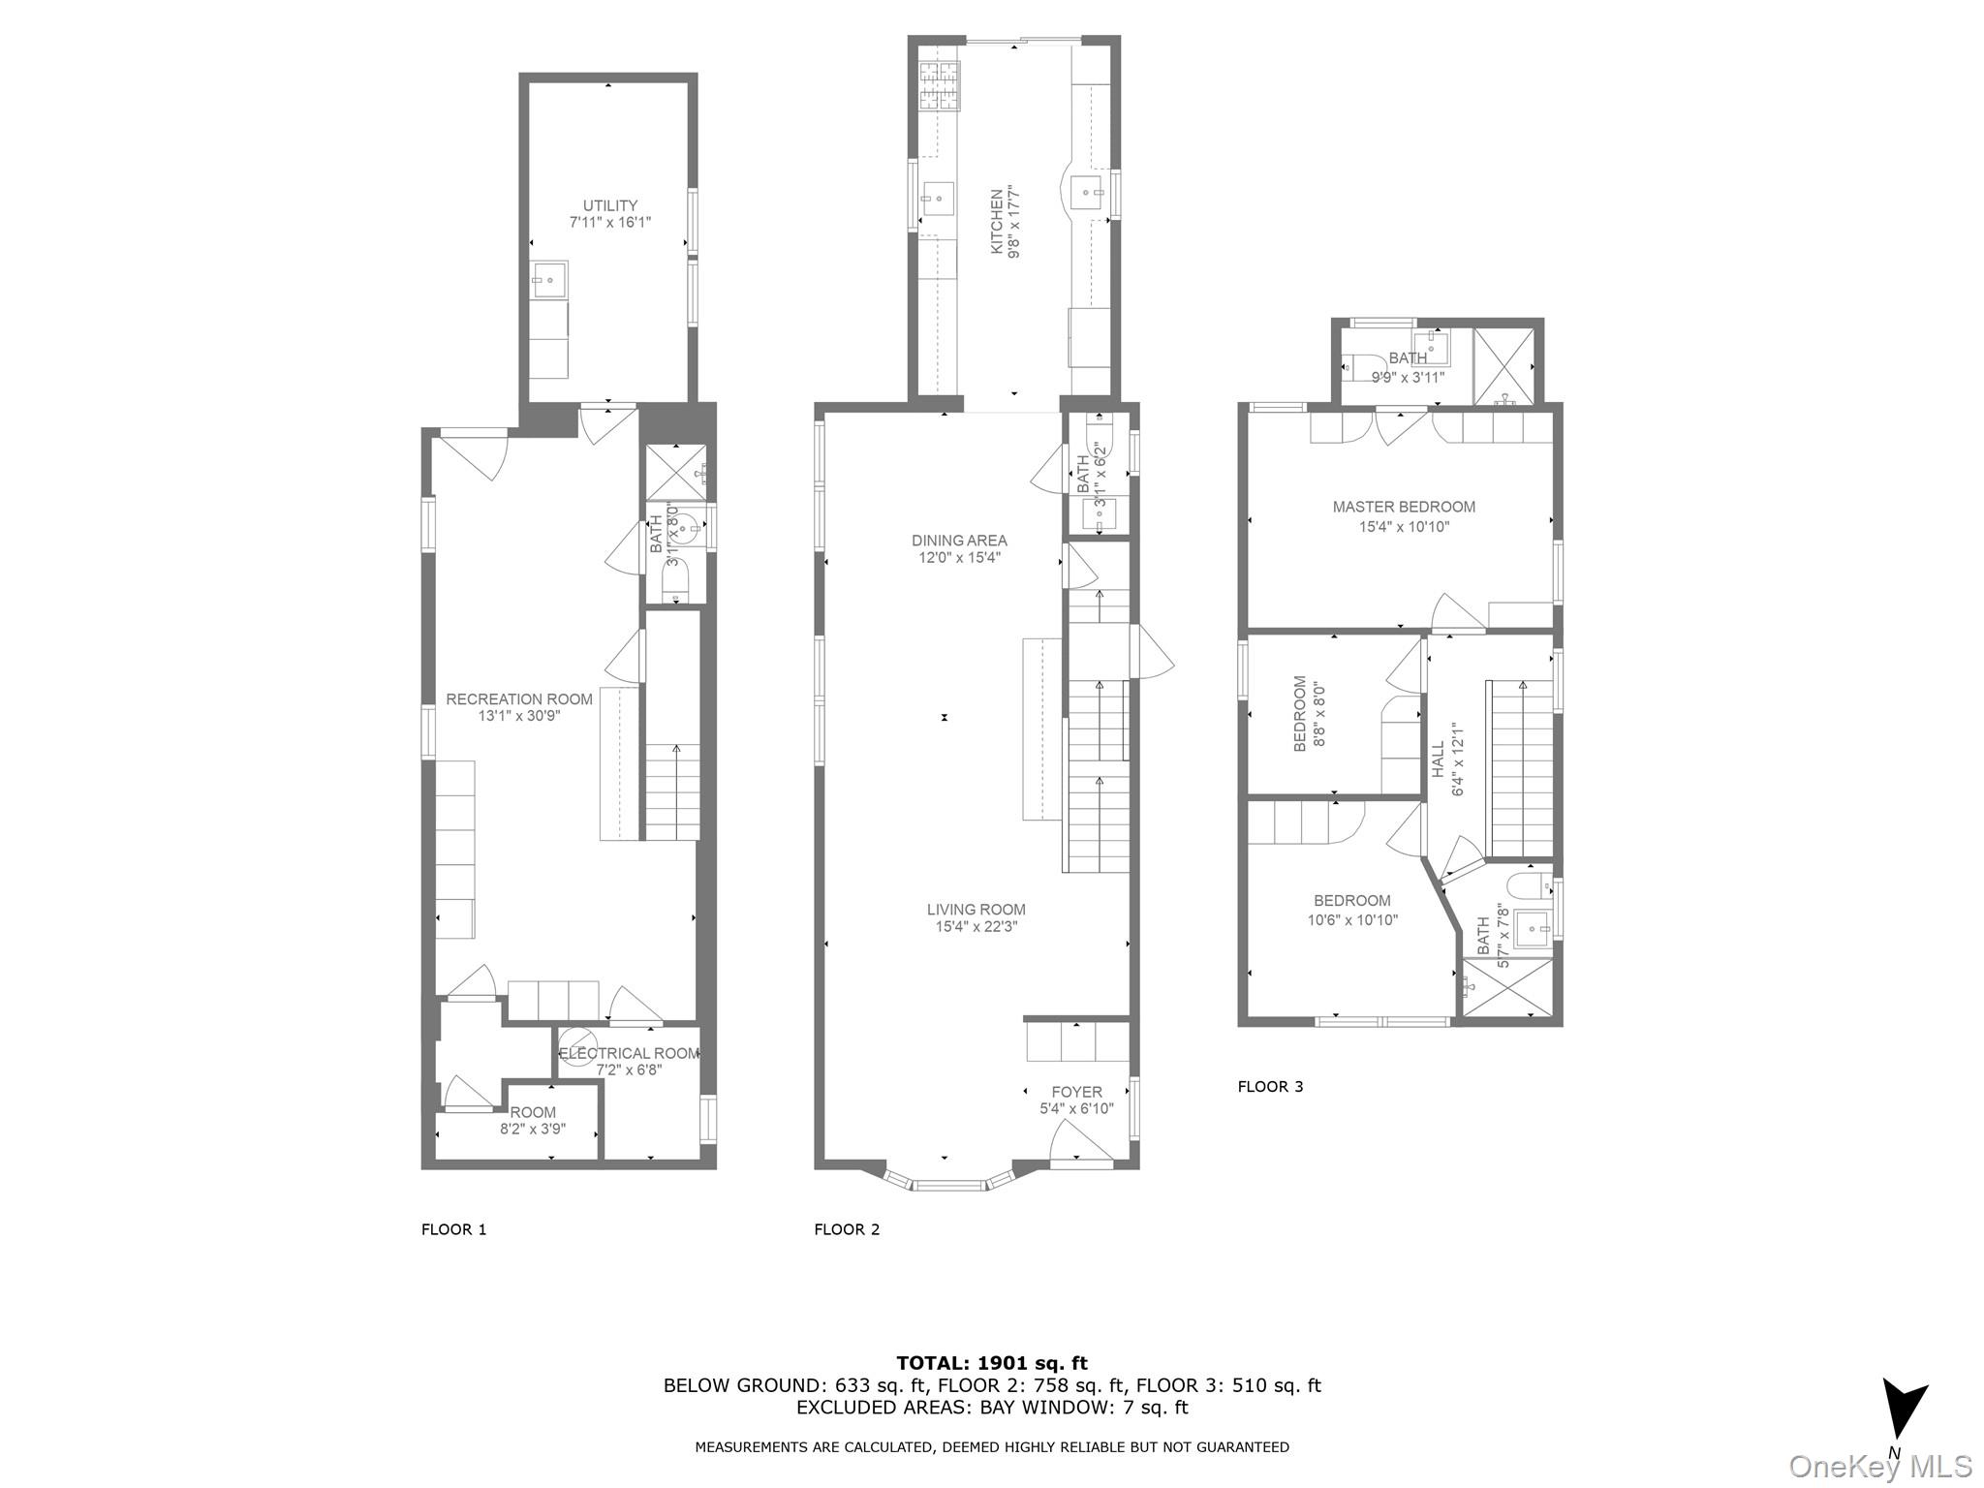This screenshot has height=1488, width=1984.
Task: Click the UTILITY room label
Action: pos(610,205)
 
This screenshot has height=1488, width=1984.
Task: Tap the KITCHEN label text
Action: pos(996,222)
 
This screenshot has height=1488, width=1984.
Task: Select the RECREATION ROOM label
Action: pos(518,699)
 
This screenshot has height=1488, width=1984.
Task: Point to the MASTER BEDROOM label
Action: pos(1404,507)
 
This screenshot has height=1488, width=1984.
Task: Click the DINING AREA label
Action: pos(959,541)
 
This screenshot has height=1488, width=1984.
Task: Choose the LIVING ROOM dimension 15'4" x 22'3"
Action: pos(976,927)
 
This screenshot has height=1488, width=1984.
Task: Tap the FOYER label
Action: pos(1076,1092)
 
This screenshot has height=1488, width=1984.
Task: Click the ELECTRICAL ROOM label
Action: pos(629,1053)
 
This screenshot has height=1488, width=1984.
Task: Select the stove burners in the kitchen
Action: pos(938,84)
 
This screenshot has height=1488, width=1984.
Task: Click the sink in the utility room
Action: pos(549,279)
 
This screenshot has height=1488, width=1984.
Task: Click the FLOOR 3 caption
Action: pos(1270,1087)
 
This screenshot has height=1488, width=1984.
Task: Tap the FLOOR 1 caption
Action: pos(453,1230)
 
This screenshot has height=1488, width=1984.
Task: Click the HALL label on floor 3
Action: pos(1439,759)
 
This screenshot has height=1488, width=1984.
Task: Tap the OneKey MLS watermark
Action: pos(1880,1467)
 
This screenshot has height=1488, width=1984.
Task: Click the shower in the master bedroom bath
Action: pos(1503,366)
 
